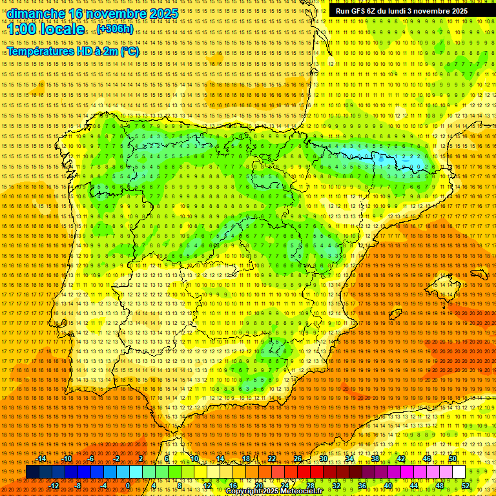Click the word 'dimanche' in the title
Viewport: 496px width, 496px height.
(x=36, y=14)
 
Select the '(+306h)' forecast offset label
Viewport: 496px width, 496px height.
(x=115, y=29)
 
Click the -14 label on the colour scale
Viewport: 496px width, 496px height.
(x=41, y=459)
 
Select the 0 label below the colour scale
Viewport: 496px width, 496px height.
(x=129, y=485)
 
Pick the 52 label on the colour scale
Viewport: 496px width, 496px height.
(x=466, y=485)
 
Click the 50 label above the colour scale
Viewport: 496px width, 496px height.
(x=453, y=459)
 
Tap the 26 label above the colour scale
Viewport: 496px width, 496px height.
(x=298, y=459)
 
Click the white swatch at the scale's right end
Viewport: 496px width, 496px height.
(x=459, y=472)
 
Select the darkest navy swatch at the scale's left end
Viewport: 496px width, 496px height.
(x=32, y=472)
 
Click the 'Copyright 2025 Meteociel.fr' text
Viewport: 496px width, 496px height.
(x=274, y=491)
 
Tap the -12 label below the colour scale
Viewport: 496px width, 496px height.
(x=54, y=485)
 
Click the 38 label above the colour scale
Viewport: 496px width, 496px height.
(x=375, y=459)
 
